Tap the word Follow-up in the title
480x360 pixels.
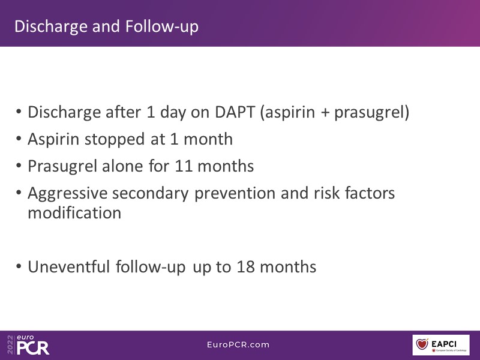pyautogui.click(x=162, y=26)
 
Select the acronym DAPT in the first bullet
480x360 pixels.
pyautogui.click(x=235, y=112)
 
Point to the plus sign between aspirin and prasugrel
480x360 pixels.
pyautogui.click(x=325, y=113)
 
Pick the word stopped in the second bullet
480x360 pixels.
pyautogui.click(x=115, y=139)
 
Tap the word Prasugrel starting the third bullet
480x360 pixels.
pyautogui.click(x=62, y=166)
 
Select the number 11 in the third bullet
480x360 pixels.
pyautogui.click(x=184, y=166)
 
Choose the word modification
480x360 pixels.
pyautogui.click(x=74, y=212)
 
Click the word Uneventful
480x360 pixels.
pyautogui.click(x=68, y=266)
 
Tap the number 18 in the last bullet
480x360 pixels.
pyautogui.click(x=245, y=266)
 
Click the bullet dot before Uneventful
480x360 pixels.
pyautogui.click(x=19, y=266)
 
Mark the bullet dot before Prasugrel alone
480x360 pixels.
pyautogui.click(x=19, y=166)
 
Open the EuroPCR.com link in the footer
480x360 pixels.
pyautogui.click(x=238, y=344)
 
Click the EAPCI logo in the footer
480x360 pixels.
pyautogui.click(x=441, y=345)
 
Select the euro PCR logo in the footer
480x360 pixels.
pyautogui.click(x=32, y=345)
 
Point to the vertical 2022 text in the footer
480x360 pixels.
pyautogui.click(x=10, y=345)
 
